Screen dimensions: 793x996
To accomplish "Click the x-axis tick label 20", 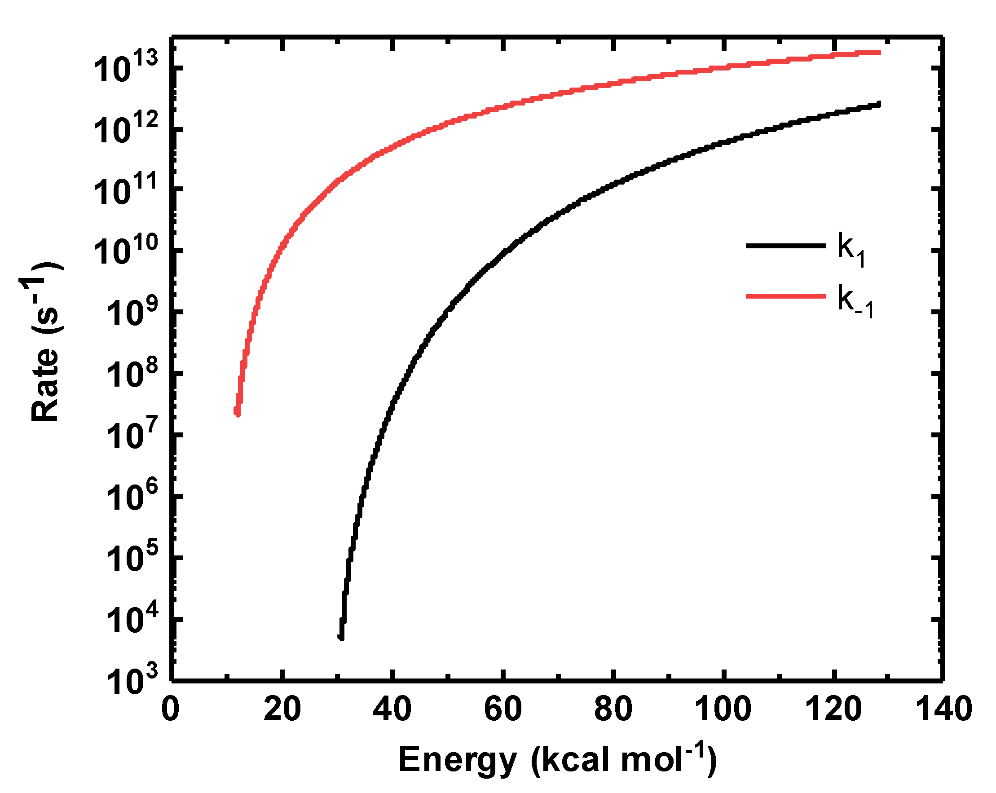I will pyautogui.click(x=282, y=710).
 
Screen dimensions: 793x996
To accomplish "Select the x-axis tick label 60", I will pyautogui.click(x=503, y=710).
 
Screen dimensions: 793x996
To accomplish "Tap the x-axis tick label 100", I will pyautogui.click(x=723, y=710).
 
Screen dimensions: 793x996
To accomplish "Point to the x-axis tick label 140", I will pyautogui.click(x=944, y=710).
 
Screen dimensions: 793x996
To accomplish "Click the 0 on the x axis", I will pyautogui.click(x=171, y=710).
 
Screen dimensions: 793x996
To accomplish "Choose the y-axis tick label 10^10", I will pyautogui.click(x=126, y=251).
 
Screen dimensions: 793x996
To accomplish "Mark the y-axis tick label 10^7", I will pyautogui.click(x=132, y=435).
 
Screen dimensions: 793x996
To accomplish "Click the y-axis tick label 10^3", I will pyautogui.click(x=132, y=680).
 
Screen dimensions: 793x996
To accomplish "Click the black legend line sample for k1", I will pyautogui.click(x=785, y=246).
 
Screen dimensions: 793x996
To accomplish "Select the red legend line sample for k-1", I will pyautogui.click(x=785, y=296).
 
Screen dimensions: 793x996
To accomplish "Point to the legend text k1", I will pyautogui.click(x=851, y=249).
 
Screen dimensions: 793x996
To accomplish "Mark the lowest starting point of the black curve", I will pyautogui.click(x=341, y=638).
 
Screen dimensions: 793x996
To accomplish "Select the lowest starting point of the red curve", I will pyautogui.click(x=237, y=414).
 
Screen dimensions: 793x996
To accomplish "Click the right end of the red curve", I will pyautogui.click(x=880, y=53).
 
